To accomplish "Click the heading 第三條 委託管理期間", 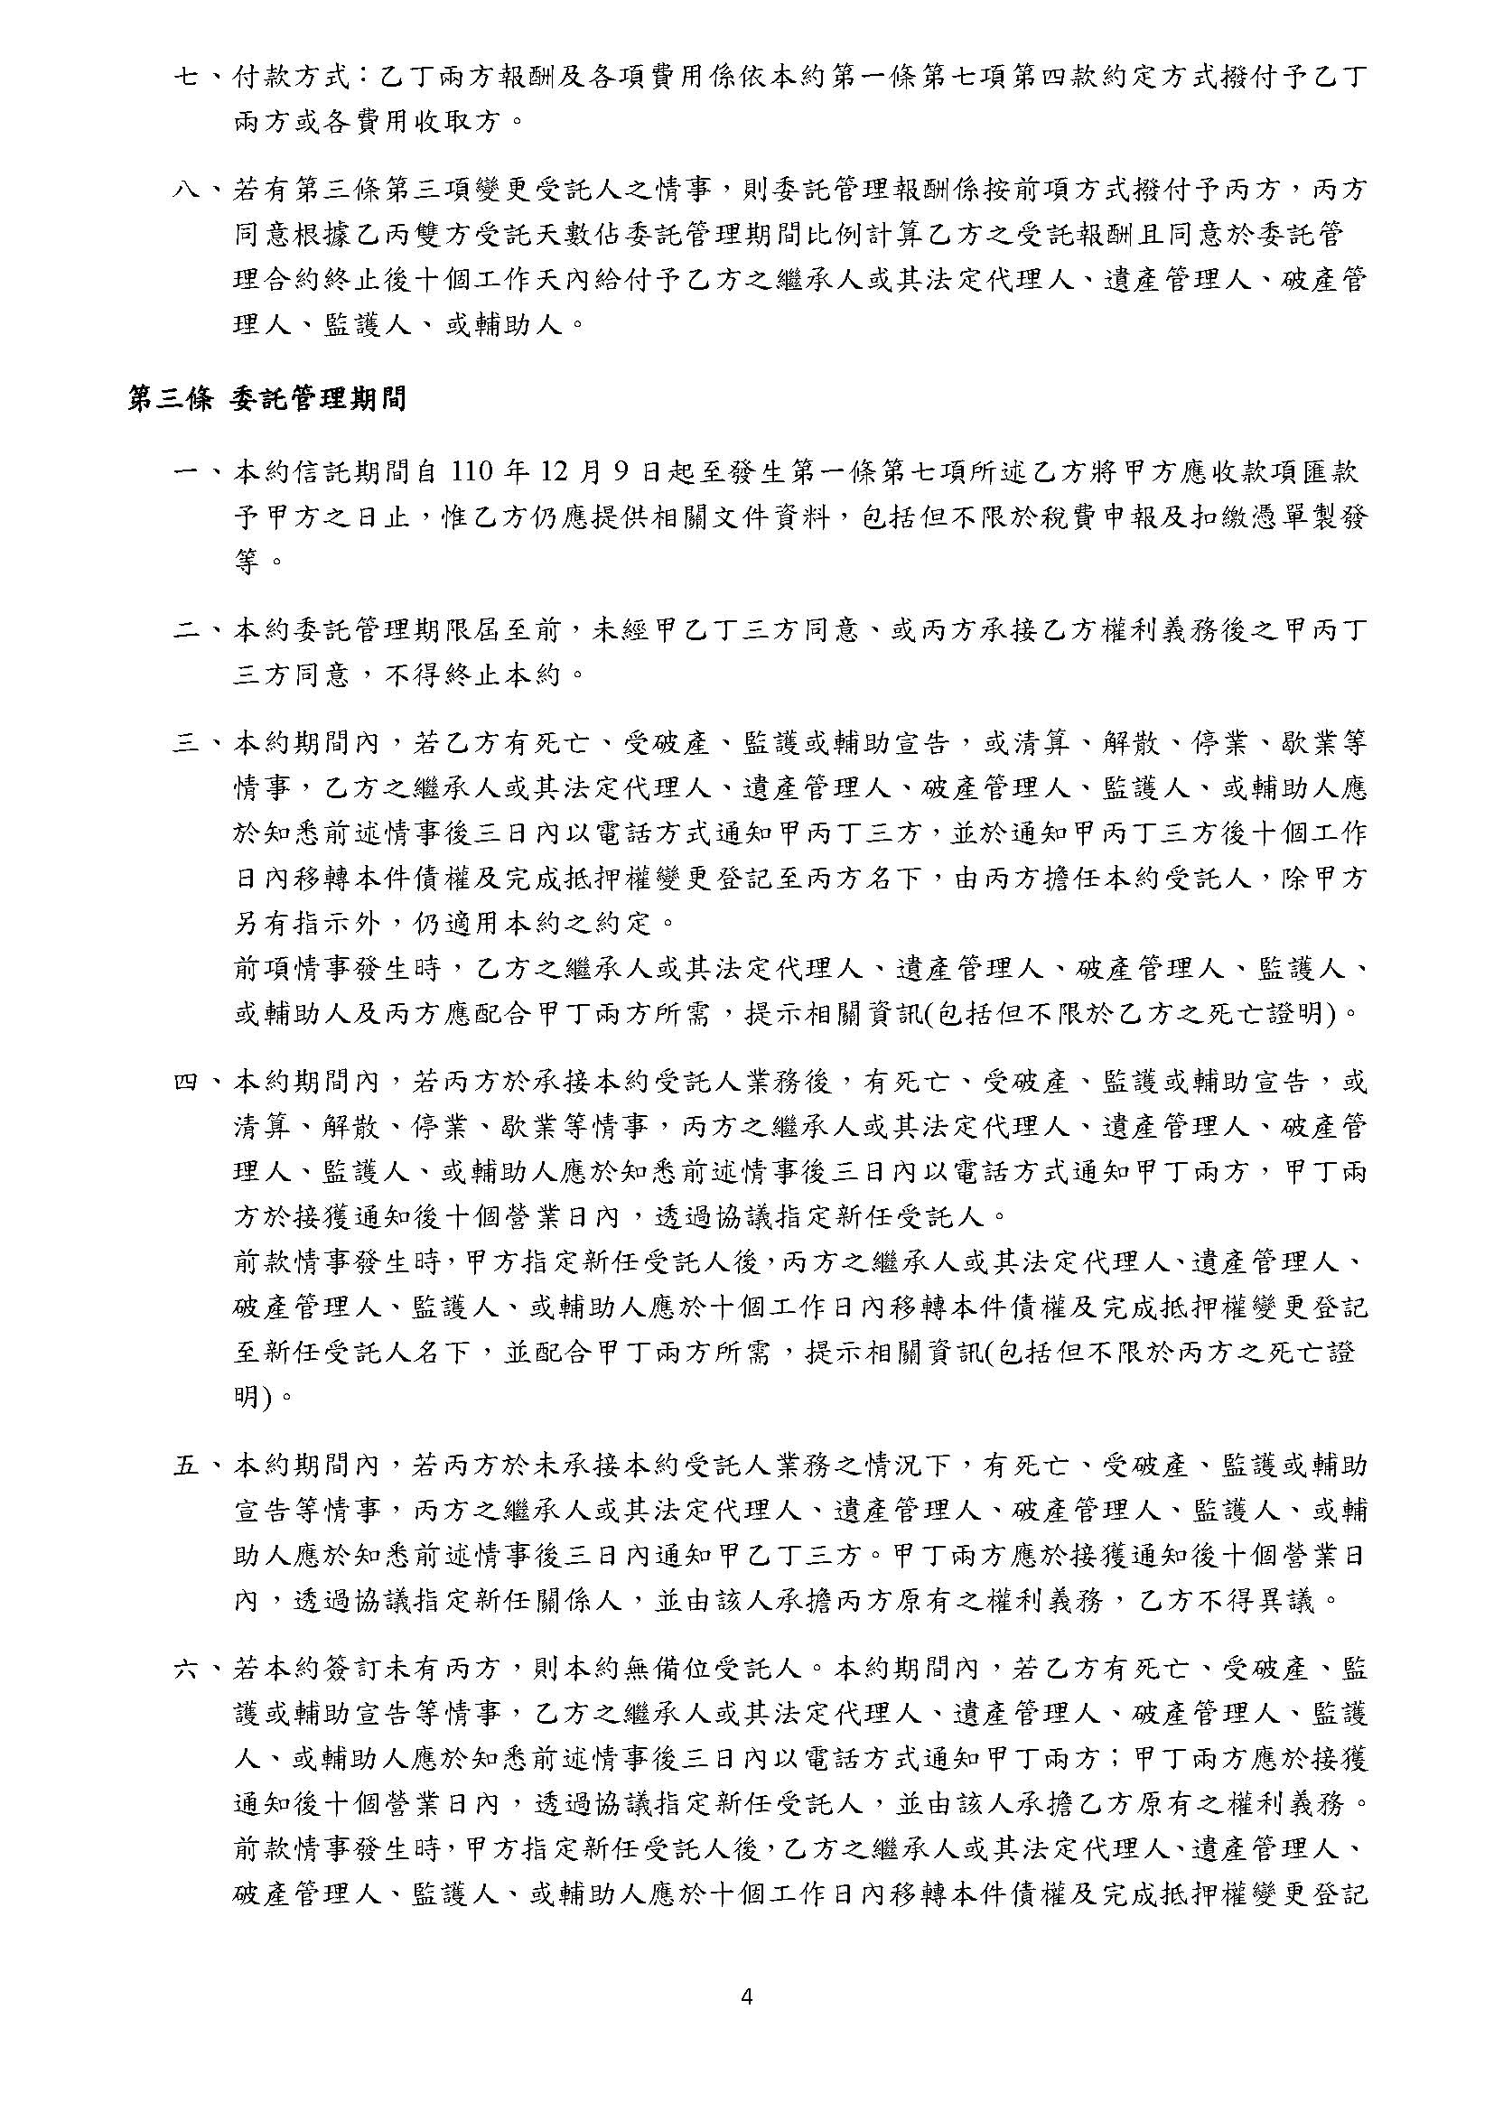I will tap(266, 399).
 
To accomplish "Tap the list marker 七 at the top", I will tap(188, 77).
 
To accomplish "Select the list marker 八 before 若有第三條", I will tap(188, 191).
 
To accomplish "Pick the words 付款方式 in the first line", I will tap(292, 77).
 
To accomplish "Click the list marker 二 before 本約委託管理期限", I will tap(188, 631).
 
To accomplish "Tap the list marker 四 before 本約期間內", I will tap(188, 1082).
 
